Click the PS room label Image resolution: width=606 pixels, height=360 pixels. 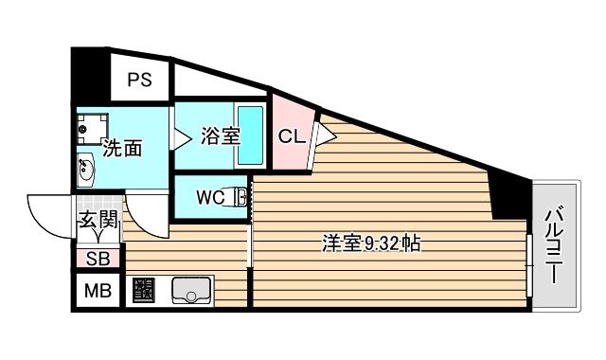coord(140,80)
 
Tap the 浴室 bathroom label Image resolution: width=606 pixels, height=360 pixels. coord(220,137)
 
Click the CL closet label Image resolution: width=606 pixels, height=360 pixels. coord(291,135)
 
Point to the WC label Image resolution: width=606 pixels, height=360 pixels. coord(209,198)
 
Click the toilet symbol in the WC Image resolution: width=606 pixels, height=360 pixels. coord(240,198)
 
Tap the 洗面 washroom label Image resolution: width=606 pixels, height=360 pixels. coord(122,149)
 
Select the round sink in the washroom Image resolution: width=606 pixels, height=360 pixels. coord(87,171)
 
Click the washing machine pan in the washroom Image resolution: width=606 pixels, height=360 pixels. coord(93,127)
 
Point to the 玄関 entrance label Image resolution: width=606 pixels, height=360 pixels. coord(98,224)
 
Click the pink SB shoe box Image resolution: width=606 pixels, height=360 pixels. coord(98,258)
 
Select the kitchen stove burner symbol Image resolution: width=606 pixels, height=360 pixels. coord(145,290)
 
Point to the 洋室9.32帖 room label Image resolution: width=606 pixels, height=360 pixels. coord(370,244)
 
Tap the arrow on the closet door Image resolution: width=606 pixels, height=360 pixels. coord(325,135)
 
